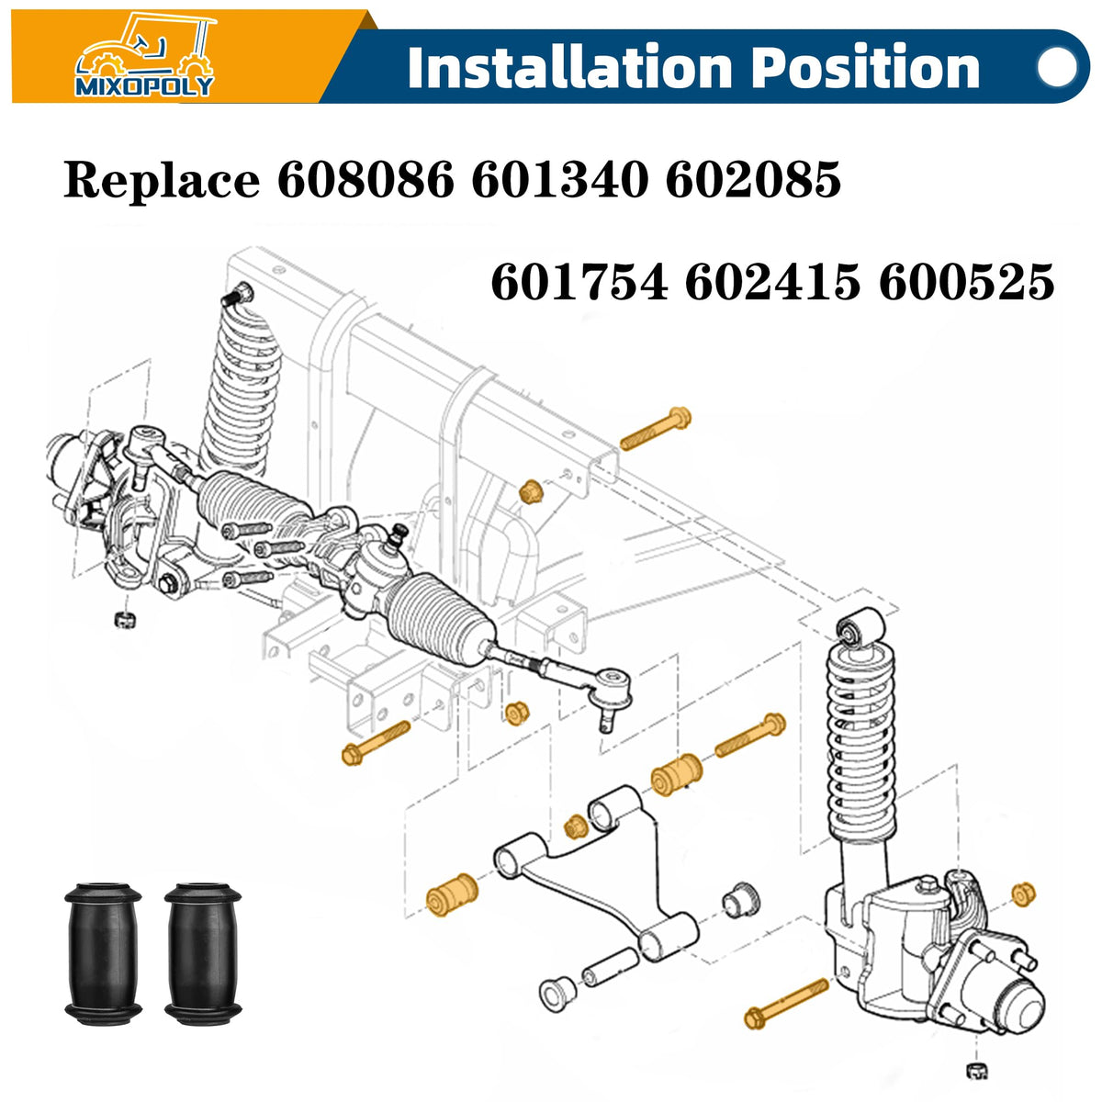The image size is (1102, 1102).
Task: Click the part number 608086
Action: [x=365, y=180]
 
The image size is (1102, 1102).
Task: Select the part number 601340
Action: [x=560, y=180]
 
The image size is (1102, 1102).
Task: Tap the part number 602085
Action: [x=753, y=180]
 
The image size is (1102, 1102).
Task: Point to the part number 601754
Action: [x=579, y=282]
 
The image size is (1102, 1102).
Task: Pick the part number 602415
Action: [x=772, y=282]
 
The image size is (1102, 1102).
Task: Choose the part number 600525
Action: [x=967, y=282]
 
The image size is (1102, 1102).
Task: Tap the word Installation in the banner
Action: [x=569, y=67]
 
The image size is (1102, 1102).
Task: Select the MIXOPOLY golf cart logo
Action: [x=144, y=55]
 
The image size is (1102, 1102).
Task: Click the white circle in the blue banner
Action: [x=1056, y=67]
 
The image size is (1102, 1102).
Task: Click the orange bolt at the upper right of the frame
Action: [x=656, y=428]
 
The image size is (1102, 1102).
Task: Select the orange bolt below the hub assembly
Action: [x=786, y=1004]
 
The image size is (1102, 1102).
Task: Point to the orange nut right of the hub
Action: [x=1023, y=894]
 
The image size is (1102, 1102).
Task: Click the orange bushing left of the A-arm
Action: [x=452, y=894]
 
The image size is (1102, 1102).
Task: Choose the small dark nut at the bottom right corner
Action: [x=977, y=1071]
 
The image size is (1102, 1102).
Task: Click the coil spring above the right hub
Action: [x=860, y=749]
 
